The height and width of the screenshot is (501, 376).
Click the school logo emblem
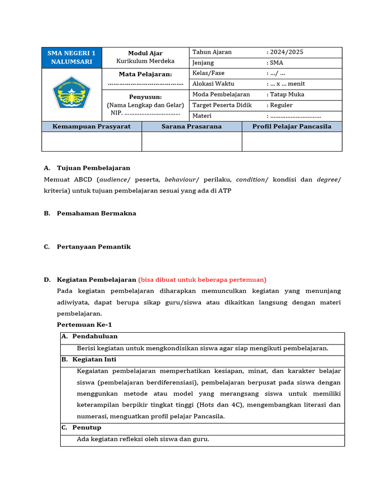coord(71,93)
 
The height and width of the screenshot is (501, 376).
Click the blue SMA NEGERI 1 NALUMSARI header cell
coord(71,57)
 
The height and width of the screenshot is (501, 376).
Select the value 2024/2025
coord(286,52)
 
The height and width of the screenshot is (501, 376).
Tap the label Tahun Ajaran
coord(212,52)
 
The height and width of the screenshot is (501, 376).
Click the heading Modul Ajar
coord(145,53)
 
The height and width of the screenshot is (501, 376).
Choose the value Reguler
coord(282,105)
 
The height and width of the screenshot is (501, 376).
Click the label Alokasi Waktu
coord(213,84)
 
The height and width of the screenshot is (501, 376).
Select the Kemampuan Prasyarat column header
coord(92,126)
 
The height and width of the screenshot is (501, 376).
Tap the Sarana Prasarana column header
coord(191,126)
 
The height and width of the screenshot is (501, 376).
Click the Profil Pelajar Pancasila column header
coord(292,126)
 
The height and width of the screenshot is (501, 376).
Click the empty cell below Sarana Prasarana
coord(191,141)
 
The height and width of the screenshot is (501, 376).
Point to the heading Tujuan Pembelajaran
coord(94,168)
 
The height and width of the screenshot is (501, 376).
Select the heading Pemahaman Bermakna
coord(96,213)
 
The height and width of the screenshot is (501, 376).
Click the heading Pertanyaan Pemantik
coord(94,247)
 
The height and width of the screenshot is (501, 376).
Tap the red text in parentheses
coord(202,280)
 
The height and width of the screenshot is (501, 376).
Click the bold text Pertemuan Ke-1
coord(84,324)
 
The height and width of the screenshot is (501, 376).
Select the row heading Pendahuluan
coord(94,337)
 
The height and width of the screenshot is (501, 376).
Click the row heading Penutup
coord(87,428)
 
